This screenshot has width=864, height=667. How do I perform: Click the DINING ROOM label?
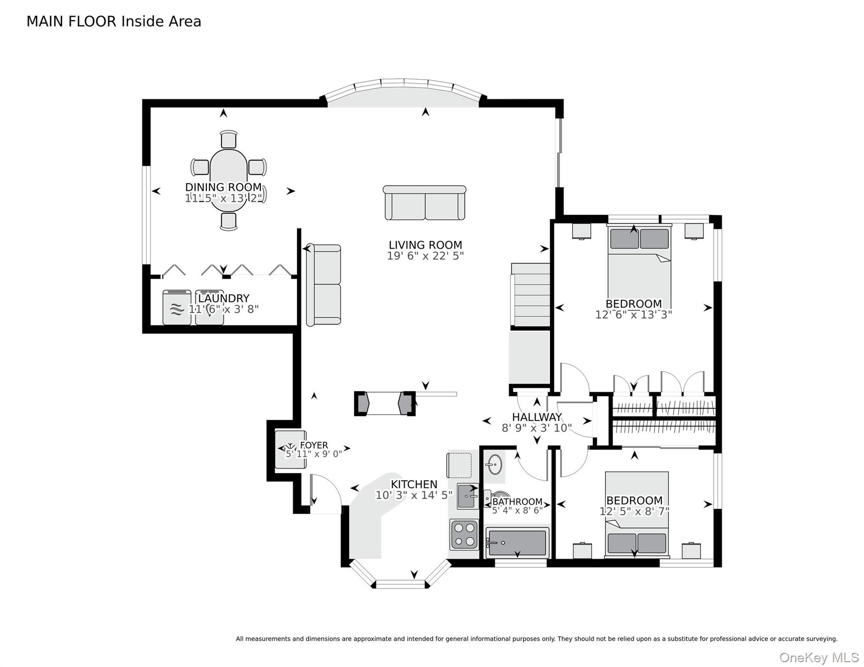(x=223, y=187)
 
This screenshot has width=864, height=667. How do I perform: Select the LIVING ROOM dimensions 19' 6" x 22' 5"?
(x=425, y=256)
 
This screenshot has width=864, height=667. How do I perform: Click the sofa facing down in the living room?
(x=425, y=203)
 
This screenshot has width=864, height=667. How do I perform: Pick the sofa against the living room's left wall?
(x=324, y=285)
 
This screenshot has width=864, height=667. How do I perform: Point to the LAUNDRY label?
(x=224, y=298)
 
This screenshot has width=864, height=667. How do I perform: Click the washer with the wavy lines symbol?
(x=176, y=308)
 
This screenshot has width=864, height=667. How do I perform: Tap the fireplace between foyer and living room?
(x=384, y=403)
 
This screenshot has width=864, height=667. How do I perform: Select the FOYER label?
(x=314, y=445)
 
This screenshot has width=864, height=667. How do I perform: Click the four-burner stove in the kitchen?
(x=464, y=535)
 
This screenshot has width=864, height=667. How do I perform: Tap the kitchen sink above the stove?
(x=467, y=496)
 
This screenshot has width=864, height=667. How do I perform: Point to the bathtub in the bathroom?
(x=517, y=542)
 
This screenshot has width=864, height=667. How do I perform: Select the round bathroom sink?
(x=494, y=465)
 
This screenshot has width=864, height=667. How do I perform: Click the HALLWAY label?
(x=537, y=417)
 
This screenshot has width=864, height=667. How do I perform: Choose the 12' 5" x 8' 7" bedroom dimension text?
(x=634, y=512)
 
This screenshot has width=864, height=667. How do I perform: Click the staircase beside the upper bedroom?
(x=531, y=295)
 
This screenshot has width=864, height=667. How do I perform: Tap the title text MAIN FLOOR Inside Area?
(x=114, y=21)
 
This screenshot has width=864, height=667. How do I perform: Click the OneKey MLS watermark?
(x=819, y=657)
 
